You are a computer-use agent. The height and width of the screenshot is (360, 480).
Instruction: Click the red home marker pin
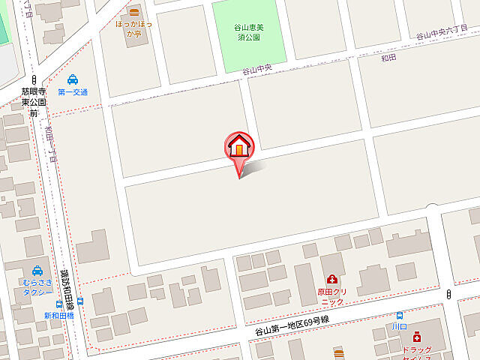coord(239,146)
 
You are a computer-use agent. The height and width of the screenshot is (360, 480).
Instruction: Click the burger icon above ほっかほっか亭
coord(133,12)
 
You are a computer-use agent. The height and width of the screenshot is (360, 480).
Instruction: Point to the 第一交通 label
coord(72,92)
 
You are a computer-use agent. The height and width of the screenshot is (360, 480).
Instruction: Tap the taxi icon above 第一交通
coord(72,79)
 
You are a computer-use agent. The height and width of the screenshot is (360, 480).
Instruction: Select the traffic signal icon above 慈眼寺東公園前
coord(34,79)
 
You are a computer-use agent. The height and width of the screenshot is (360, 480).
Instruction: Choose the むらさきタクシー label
coord(36,287)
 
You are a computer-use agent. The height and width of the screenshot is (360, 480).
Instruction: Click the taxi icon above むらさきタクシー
coord(37,271)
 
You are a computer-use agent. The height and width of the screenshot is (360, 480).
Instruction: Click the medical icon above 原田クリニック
coord(331,279)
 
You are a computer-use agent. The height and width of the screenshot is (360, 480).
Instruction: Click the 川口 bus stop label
coord(399,327)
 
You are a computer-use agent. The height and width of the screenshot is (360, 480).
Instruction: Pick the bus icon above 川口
coord(400,316)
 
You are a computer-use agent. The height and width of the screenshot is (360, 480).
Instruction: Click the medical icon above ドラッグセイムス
coord(417,338)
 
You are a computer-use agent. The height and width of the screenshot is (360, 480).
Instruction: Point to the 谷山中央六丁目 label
coord(447,33)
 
